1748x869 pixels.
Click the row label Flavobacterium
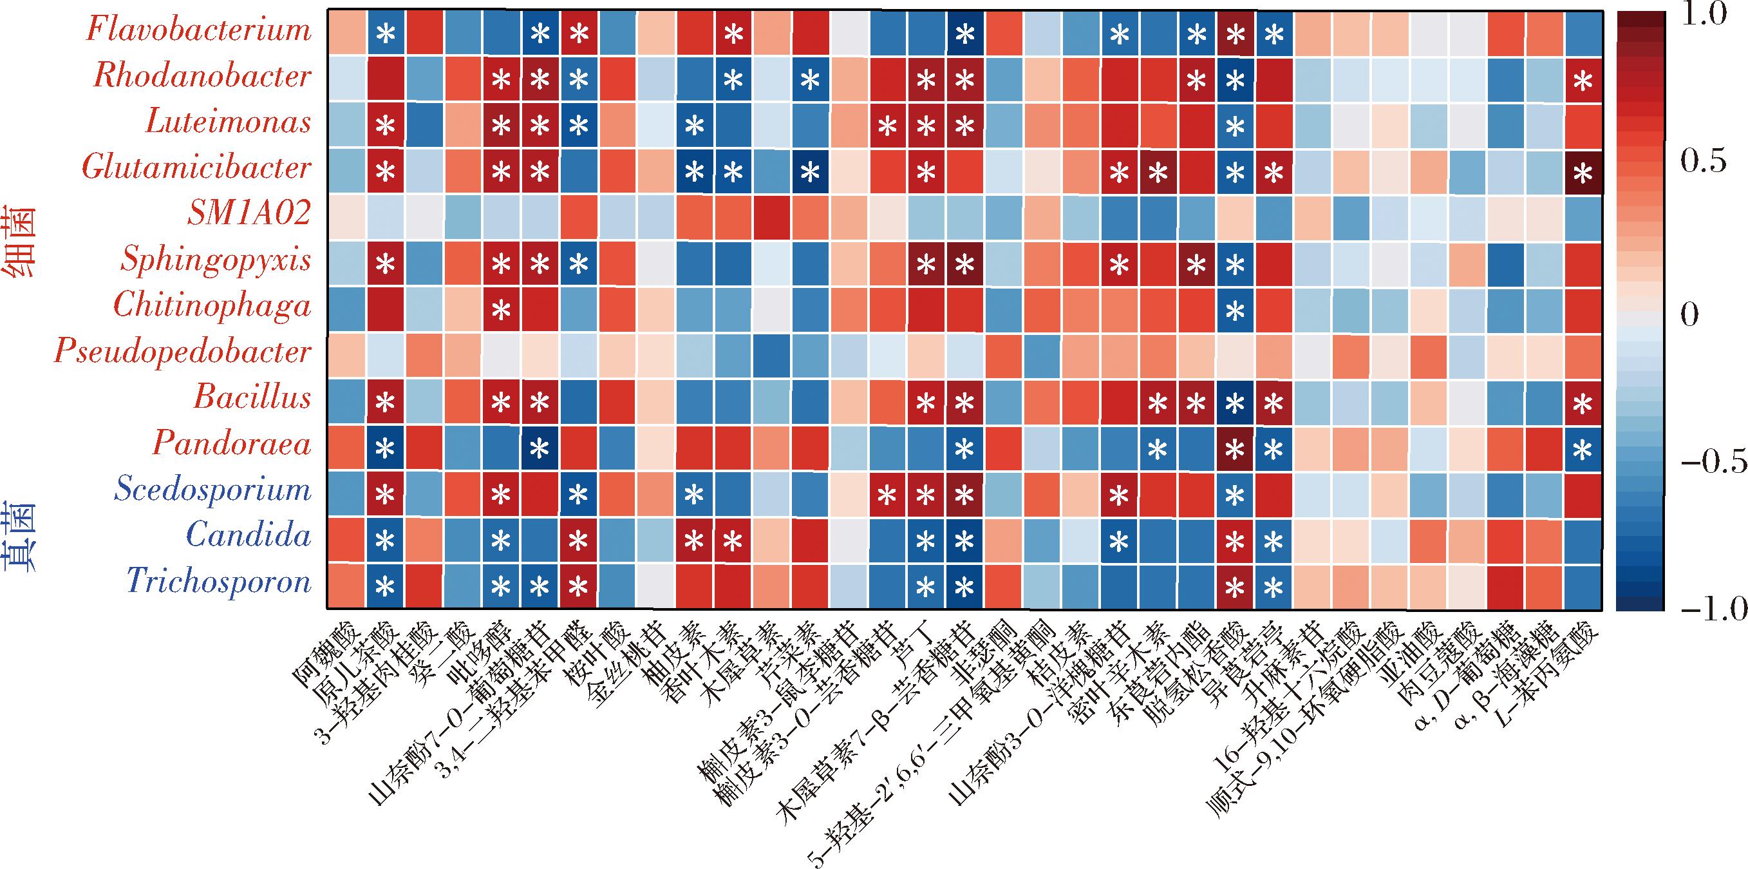[x=199, y=30]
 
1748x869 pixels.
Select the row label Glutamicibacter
[x=197, y=167]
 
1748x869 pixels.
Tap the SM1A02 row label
[x=249, y=214]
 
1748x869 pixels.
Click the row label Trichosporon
[x=218, y=582]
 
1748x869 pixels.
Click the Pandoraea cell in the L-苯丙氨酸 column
[x=1583, y=449]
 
